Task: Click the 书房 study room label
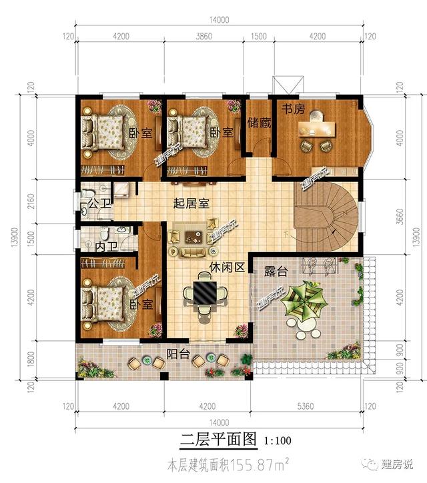pos(292,109)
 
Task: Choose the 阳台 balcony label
pos(177,354)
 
